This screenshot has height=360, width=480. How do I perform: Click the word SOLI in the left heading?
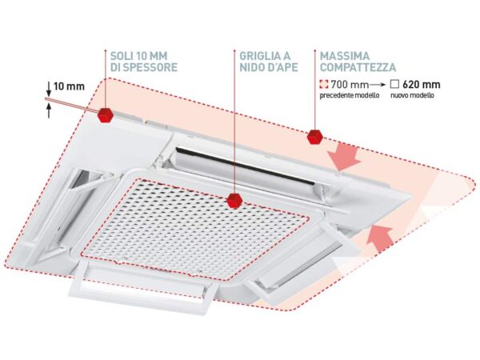[x=122, y=57]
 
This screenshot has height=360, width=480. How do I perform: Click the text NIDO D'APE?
[x=264, y=70]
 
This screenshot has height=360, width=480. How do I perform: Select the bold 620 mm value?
[x=423, y=84]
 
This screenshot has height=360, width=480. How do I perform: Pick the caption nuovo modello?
[x=415, y=95]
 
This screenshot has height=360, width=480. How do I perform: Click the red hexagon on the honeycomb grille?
[x=234, y=200]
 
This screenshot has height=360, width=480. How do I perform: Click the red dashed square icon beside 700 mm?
[x=325, y=84]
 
